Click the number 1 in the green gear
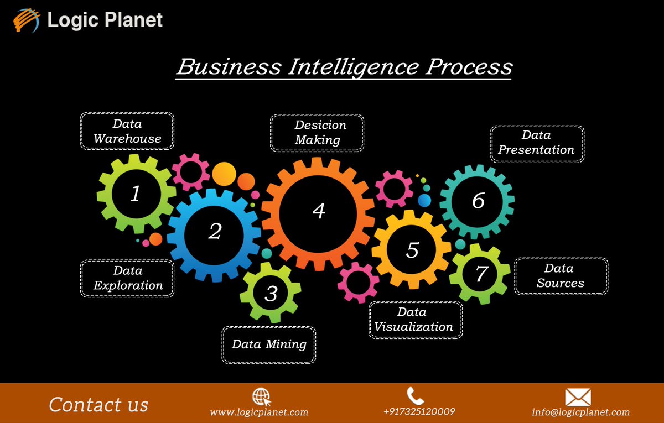pyautogui.click(x=136, y=194)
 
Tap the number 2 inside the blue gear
pyautogui.click(x=215, y=231)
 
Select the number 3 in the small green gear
pyautogui.click(x=271, y=293)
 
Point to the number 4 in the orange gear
pyautogui.click(x=318, y=211)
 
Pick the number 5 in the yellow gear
pyautogui.click(x=412, y=249)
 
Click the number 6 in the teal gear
pyautogui.click(x=478, y=201)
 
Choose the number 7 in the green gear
pyautogui.click(x=481, y=274)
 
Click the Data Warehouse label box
pyautogui.click(x=127, y=131)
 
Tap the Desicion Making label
pyautogui.click(x=317, y=133)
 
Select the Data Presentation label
pyautogui.click(x=537, y=143)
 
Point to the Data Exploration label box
pyautogui.click(x=128, y=278)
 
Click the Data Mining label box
pyautogui.click(x=269, y=344)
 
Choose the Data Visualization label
pyautogui.click(x=415, y=320)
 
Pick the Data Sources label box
pyautogui.click(x=561, y=276)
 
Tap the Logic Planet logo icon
pyautogui.click(x=27, y=21)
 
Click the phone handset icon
pyautogui.click(x=416, y=395)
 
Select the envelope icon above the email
pyautogui.click(x=578, y=398)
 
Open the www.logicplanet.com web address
pyautogui.click(x=259, y=412)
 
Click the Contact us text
pyautogui.click(x=98, y=404)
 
